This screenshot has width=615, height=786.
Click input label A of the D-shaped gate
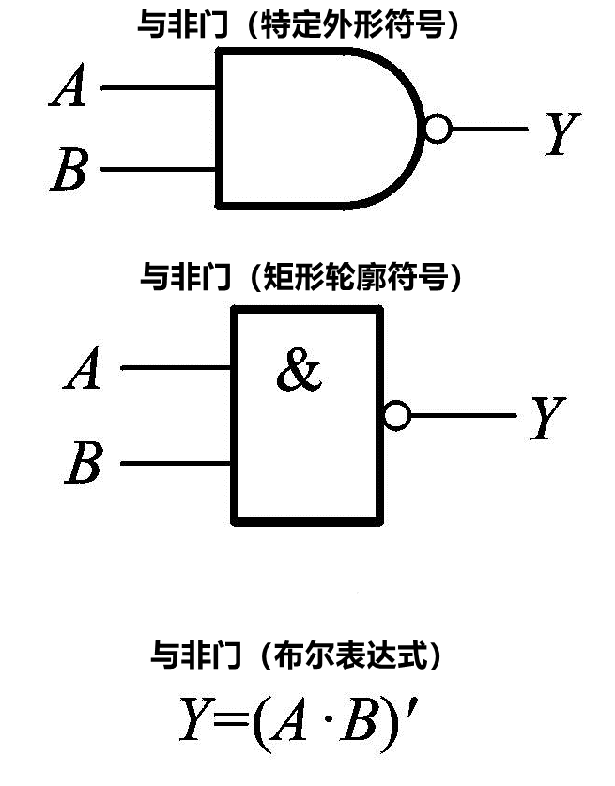69,89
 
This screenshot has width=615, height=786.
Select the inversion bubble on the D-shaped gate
438,130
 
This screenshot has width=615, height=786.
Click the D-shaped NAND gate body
310,129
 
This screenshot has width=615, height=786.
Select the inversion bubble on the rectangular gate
397,415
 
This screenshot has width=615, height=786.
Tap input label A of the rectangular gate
83,369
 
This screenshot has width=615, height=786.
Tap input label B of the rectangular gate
84,464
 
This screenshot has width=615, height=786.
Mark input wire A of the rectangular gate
177,367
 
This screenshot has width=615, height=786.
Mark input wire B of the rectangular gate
177,463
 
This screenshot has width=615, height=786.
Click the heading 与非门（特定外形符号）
302,25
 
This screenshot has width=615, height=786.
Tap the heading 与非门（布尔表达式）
297,655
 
